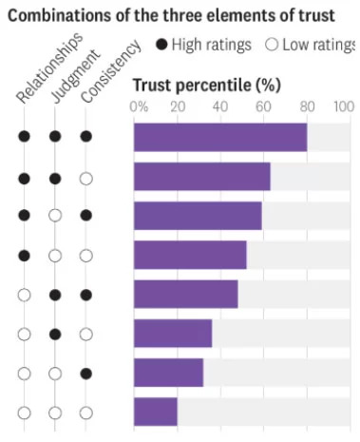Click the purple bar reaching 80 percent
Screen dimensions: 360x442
[x=220, y=137]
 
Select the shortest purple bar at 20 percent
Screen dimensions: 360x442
[x=156, y=412]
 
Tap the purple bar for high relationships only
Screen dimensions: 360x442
[x=190, y=255]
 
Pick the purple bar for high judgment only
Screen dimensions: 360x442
[x=173, y=334]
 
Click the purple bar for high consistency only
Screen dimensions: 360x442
[x=168, y=373]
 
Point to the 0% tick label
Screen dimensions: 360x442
[x=139, y=106]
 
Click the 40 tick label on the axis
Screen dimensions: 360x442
[x=220, y=106]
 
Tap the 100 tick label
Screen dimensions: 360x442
[x=344, y=106]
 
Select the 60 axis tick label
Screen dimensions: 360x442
[x=263, y=106]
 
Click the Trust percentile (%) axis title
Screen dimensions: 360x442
[x=207, y=86]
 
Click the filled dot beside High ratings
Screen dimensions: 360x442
[x=161, y=45]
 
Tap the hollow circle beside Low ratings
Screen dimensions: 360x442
[x=272, y=45]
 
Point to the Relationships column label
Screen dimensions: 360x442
[x=49, y=67]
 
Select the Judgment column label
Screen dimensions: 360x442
[x=75, y=76]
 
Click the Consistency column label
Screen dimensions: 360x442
[x=110, y=71]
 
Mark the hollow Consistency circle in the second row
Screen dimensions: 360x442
[x=85, y=179]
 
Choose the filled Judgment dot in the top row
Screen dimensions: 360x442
[x=55, y=137]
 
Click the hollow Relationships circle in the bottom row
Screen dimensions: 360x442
[x=24, y=413]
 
